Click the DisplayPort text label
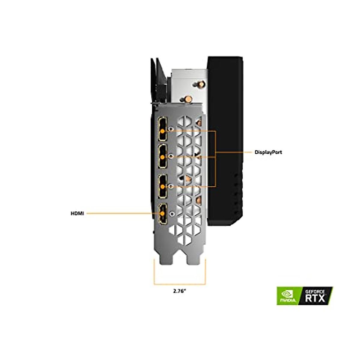268,152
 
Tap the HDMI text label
77,214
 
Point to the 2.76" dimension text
180,291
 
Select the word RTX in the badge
315,298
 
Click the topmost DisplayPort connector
163,130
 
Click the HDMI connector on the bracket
162,214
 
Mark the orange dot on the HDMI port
163,214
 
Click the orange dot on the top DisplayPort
163,131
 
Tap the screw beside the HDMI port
171,214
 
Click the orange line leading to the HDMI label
117,214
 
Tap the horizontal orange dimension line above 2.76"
180,284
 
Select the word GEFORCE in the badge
315,291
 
